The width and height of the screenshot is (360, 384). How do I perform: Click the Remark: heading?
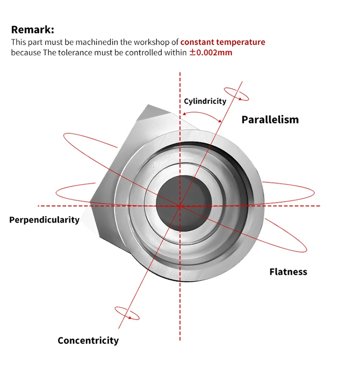coord(33,30)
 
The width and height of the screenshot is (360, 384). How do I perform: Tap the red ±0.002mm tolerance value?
coord(210,52)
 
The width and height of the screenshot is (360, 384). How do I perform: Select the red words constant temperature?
coord(223,42)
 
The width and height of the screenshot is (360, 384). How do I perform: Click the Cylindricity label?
coord(205,101)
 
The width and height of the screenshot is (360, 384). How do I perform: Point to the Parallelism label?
coord(270,120)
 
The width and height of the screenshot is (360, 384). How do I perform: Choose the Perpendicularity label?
coord(44,220)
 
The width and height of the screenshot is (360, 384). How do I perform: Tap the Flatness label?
coord(288,272)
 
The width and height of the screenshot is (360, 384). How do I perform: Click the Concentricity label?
coord(88,340)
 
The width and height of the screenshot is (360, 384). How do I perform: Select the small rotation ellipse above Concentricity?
coord(127,313)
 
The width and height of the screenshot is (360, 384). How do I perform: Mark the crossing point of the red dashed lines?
coord(180,205)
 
